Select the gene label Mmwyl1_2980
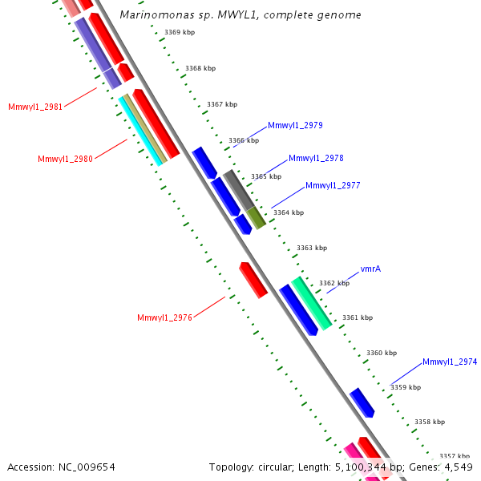65,159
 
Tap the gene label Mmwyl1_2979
295,125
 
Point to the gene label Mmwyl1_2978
316,158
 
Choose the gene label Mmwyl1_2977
333,185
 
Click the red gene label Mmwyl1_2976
164,317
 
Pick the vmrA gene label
370,269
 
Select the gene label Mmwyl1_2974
450,362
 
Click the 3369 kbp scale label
180,32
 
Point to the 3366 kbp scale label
244,140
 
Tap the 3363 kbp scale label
312,248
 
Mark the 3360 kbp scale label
382,353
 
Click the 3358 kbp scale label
430,422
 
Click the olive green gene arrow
256,216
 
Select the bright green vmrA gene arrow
312,303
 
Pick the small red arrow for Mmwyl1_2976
253,280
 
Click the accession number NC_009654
62,467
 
